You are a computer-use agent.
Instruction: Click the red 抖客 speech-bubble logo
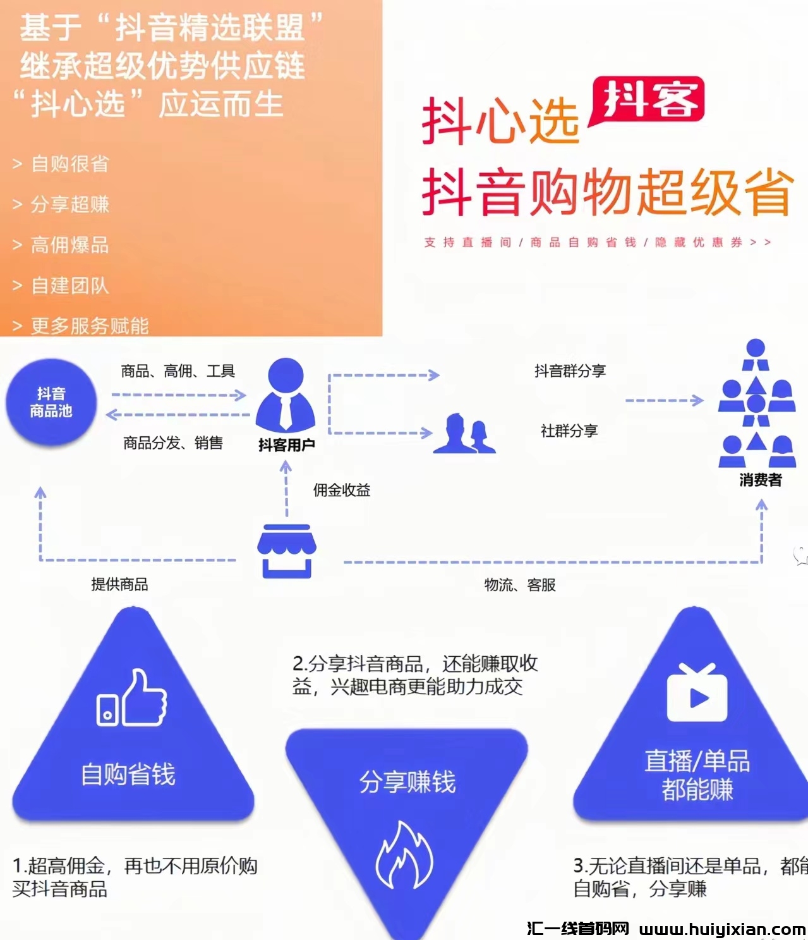(x=647, y=100)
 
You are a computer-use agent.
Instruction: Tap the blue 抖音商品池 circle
(x=51, y=403)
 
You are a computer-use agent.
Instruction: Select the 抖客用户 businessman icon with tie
(x=286, y=394)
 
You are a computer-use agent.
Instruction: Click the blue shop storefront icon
(x=286, y=550)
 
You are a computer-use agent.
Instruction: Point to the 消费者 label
(x=761, y=480)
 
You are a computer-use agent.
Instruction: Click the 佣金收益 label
(x=342, y=490)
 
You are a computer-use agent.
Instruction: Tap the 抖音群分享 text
(x=570, y=371)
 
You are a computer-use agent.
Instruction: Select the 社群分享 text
(x=569, y=431)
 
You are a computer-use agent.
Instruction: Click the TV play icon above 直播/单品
(x=697, y=693)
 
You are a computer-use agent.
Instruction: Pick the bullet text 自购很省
(x=70, y=164)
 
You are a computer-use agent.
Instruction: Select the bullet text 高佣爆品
(x=70, y=245)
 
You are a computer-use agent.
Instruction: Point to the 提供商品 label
(x=119, y=584)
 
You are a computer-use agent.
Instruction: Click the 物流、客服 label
(x=520, y=585)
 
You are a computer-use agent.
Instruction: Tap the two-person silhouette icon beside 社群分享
(x=464, y=434)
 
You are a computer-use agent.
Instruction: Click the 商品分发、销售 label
(x=173, y=443)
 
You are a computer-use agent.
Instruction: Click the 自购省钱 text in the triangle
(x=128, y=774)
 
